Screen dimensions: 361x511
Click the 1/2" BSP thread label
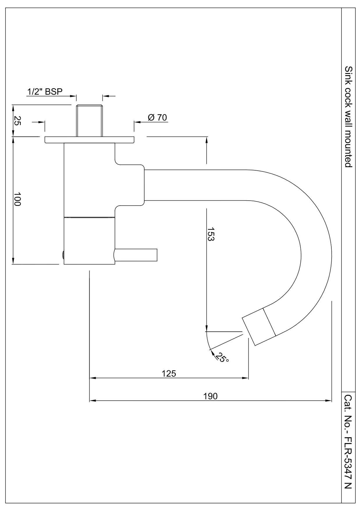(45, 92)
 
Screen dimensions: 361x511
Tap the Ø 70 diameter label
(157, 117)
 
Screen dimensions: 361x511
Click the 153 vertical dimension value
(211, 234)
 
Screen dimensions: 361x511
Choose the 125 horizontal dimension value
(169, 374)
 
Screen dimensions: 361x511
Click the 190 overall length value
(211, 396)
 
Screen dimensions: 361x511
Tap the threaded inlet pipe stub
(89, 121)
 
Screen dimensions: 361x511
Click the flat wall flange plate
(89, 140)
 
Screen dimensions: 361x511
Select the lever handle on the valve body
(136, 255)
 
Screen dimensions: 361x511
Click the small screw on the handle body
(63, 255)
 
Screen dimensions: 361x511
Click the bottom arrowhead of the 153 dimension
(206, 328)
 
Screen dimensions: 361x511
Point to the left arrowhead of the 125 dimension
(93, 378)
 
